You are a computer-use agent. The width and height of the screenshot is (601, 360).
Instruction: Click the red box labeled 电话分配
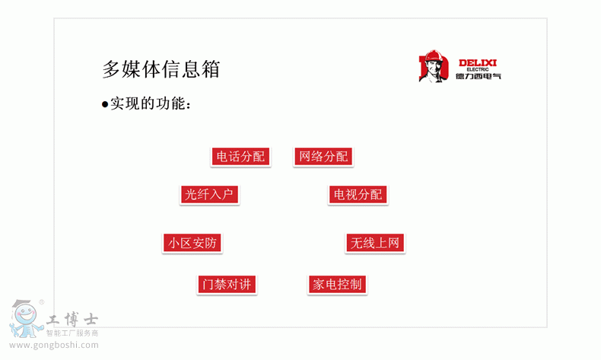(x=240, y=157)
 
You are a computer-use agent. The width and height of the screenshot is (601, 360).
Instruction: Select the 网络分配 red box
(x=323, y=157)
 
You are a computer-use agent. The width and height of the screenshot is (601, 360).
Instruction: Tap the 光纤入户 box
(x=209, y=194)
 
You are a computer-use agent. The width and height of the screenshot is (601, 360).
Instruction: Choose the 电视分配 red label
(x=358, y=194)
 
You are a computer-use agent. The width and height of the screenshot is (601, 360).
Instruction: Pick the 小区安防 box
(x=192, y=243)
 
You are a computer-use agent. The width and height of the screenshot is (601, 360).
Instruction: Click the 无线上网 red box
(x=375, y=243)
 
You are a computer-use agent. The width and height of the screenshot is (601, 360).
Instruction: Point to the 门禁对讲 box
(x=227, y=285)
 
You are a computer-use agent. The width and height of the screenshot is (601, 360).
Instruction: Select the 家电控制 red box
(x=337, y=285)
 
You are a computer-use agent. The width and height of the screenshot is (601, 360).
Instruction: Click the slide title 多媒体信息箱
(x=161, y=69)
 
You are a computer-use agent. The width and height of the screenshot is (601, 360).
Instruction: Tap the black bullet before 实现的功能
(x=105, y=104)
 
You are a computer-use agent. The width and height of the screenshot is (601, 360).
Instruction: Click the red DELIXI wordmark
(x=478, y=63)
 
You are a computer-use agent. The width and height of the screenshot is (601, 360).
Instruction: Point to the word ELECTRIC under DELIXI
(x=478, y=69)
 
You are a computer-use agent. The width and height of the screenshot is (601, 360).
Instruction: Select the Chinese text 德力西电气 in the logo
(x=479, y=76)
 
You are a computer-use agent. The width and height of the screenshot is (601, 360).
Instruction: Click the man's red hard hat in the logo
(x=434, y=56)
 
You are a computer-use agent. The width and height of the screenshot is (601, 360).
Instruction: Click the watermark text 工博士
(x=72, y=320)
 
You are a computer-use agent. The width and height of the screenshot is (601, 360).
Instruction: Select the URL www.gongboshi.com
(x=54, y=345)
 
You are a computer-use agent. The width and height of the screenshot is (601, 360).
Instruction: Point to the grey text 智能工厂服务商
(x=72, y=333)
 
